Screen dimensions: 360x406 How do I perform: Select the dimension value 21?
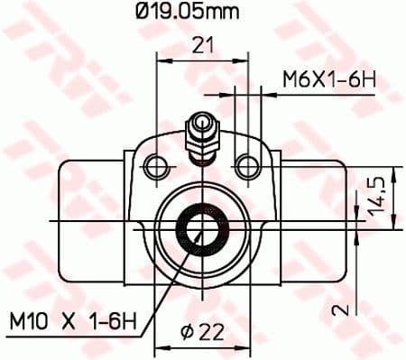pos(202,43)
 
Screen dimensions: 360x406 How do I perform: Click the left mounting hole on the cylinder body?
pos(158,164)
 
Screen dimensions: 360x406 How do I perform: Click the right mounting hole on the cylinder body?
pos(245,164)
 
